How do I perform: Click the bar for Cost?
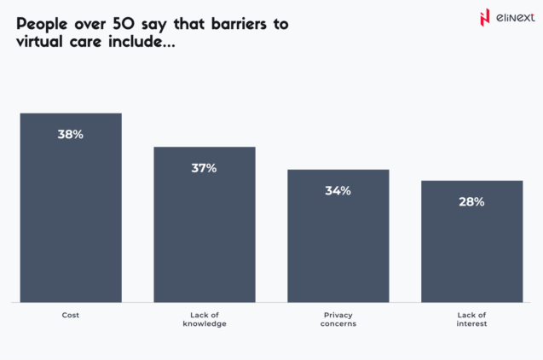click(71, 213)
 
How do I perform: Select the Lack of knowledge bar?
click(205, 230)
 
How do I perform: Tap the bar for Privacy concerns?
click(338, 243)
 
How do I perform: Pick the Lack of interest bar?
click(471, 247)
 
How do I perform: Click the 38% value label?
click(71, 134)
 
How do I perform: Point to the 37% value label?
click(205, 168)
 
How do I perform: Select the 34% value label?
click(338, 190)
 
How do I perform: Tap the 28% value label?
click(471, 202)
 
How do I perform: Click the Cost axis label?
click(71, 316)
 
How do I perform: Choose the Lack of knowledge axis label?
click(205, 320)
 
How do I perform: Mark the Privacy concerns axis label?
click(338, 320)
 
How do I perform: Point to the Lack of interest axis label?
click(471, 320)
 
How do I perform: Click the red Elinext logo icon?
click(485, 17)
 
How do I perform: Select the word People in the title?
click(43, 24)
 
